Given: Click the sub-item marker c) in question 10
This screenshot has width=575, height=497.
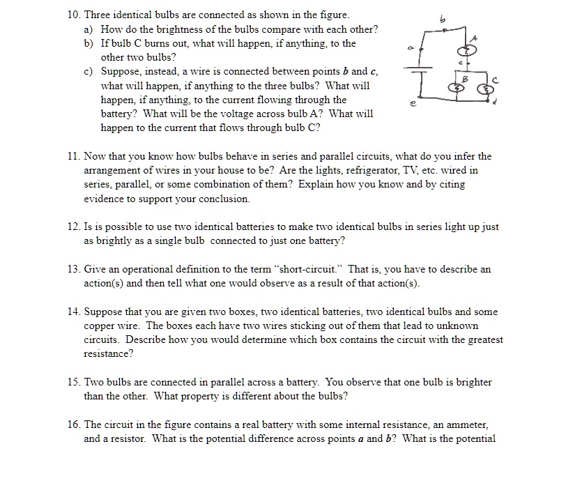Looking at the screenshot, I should (89, 72).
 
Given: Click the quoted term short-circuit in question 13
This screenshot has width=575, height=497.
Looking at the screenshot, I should (305, 269).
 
